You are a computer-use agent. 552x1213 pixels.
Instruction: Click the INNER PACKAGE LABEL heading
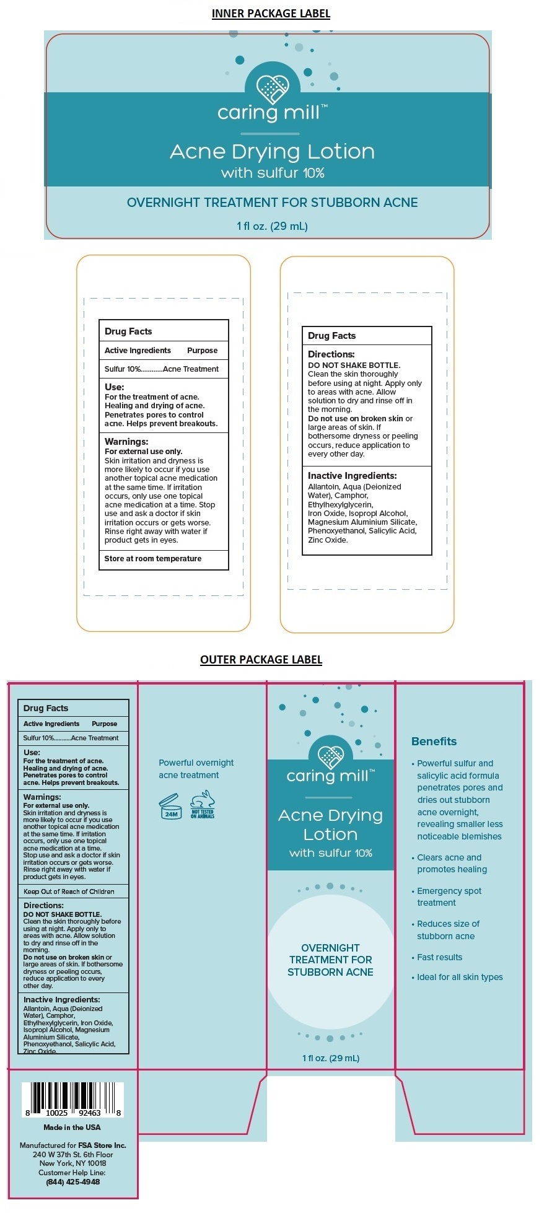click(271, 14)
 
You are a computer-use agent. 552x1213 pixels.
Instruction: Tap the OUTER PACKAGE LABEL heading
click(261, 659)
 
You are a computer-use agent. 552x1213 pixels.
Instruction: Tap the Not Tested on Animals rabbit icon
click(203, 805)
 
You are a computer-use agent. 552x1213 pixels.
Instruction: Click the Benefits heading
click(434, 742)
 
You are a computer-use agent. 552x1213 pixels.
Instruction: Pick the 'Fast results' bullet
click(439, 957)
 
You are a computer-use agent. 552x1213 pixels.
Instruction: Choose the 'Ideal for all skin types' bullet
click(460, 977)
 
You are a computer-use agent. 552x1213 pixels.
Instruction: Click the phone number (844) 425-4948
click(72, 1181)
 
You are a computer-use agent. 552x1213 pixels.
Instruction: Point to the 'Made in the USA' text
click(72, 1128)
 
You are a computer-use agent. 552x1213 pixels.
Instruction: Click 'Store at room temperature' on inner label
click(153, 559)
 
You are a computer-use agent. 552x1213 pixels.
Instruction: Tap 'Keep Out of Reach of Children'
click(69, 891)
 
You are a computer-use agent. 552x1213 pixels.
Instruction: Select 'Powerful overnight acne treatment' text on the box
click(196, 769)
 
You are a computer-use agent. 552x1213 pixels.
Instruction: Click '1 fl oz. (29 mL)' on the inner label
click(272, 226)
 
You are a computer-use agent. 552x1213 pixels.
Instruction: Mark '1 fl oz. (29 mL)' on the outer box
click(331, 1058)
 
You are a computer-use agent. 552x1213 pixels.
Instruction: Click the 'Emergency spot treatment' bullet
click(449, 896)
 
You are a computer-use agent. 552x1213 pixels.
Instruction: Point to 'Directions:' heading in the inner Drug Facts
click(331, 354)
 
